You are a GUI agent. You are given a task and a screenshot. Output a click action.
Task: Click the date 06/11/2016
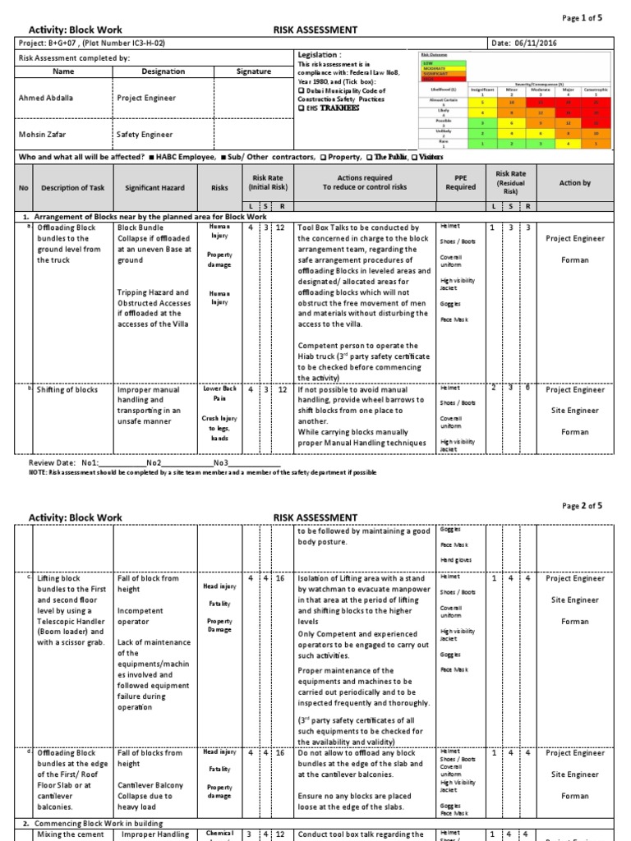pyautogui.click(x=568, y=43)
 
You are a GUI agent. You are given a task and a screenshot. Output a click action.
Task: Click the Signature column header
pyautogui.click(x=254, y=71)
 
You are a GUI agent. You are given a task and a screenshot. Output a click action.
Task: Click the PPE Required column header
pyautogui.click(x=460, y=182)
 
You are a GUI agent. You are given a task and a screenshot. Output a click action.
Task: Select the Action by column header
pyautogui.click(x=574, y=183)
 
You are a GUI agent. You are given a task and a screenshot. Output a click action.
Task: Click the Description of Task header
pyautogui.click(x=75, y=187)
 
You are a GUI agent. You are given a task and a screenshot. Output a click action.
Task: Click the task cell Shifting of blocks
pyautogui.click(x=67, y=390)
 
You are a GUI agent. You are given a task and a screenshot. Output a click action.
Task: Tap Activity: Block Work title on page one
pyautogui.click(x=75, y=30)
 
